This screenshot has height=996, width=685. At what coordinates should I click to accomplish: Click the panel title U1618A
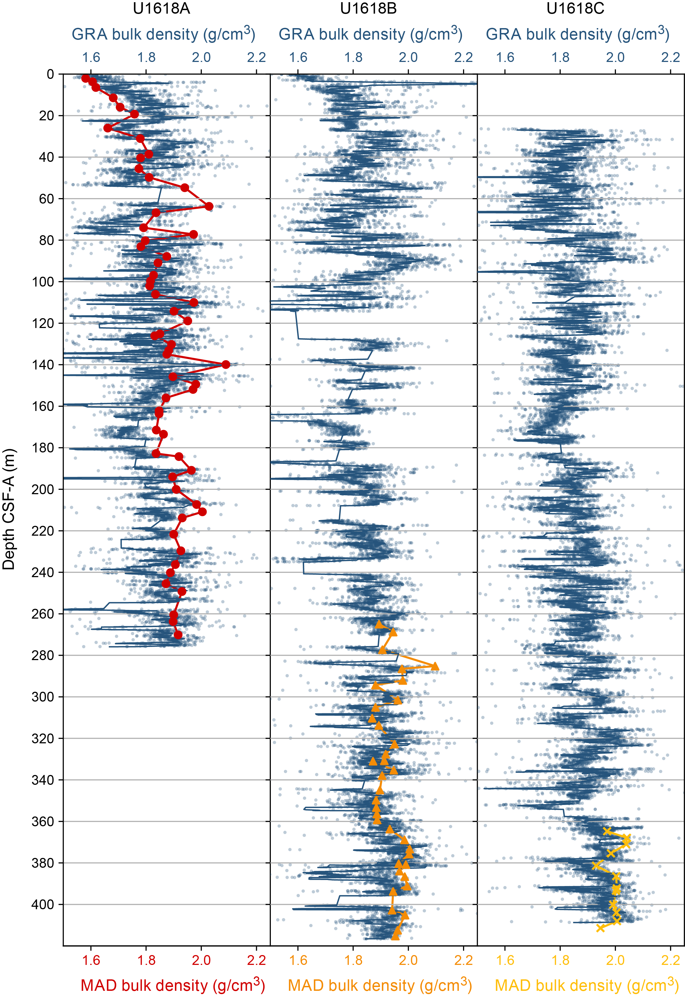(x=161, y=8)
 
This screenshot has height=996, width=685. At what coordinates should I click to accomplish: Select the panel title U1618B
(x=368, y=8)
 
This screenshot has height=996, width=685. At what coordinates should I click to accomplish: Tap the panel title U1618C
(x=575, y=8)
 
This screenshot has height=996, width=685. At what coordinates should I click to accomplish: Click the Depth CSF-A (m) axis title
(x=8, y=509)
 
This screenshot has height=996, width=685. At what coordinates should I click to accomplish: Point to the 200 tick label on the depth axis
(x=43, y=490)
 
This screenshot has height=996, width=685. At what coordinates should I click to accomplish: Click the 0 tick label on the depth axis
(x=50, y=74)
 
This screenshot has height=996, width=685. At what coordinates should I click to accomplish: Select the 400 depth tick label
(x=43, y=905)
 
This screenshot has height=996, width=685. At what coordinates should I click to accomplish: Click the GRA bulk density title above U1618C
(x=577, y=34)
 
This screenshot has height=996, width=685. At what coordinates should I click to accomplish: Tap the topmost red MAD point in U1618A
(x=85, y=78)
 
